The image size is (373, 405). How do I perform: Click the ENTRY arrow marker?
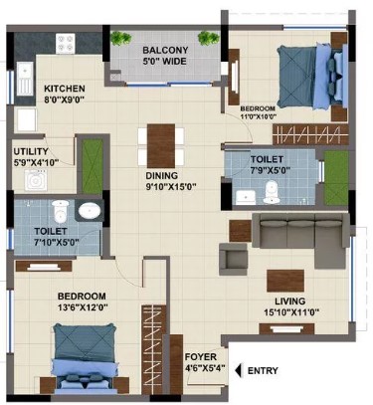click(238, 370)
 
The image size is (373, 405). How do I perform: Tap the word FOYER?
click(201, 357)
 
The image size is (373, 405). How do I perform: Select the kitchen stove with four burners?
click(66, 44)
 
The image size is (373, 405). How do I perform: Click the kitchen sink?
click(25, 79)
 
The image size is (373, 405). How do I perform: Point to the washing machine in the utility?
click(35, 180)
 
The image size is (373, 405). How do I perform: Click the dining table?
click(161, 146)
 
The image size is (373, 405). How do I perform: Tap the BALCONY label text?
click(165, 50)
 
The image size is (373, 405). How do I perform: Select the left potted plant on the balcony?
click(120, 38)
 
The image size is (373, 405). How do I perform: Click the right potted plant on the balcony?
click(209, 38)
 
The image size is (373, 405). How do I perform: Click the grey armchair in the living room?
click(233, 259)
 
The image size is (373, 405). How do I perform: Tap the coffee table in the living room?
click(285, 281)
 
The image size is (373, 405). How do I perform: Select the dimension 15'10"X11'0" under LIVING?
click(291, 312)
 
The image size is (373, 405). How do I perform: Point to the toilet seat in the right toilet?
click(272, 192)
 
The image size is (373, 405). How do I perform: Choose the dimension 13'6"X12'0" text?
click(83, 307)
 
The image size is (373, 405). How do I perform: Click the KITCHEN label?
click(65, 89)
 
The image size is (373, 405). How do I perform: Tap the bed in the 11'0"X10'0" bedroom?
click(312, 76)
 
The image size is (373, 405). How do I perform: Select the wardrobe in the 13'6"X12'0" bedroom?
click(154, 349)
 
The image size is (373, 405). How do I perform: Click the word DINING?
click(162, 175)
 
